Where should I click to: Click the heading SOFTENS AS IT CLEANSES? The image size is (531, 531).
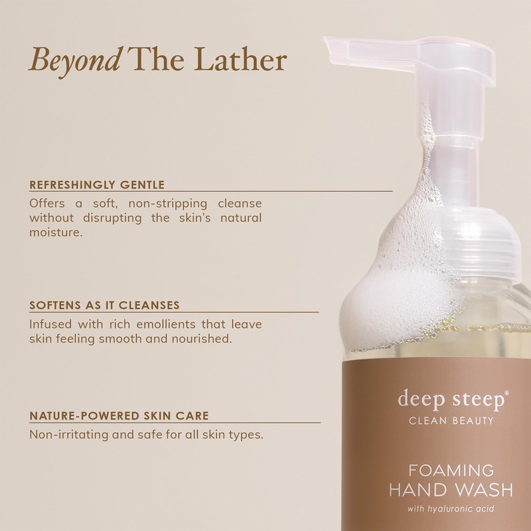(104, 306)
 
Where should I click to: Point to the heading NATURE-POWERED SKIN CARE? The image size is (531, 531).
(119, 416)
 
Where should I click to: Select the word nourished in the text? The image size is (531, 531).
(202, 339)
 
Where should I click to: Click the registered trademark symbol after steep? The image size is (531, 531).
(508, 394)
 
